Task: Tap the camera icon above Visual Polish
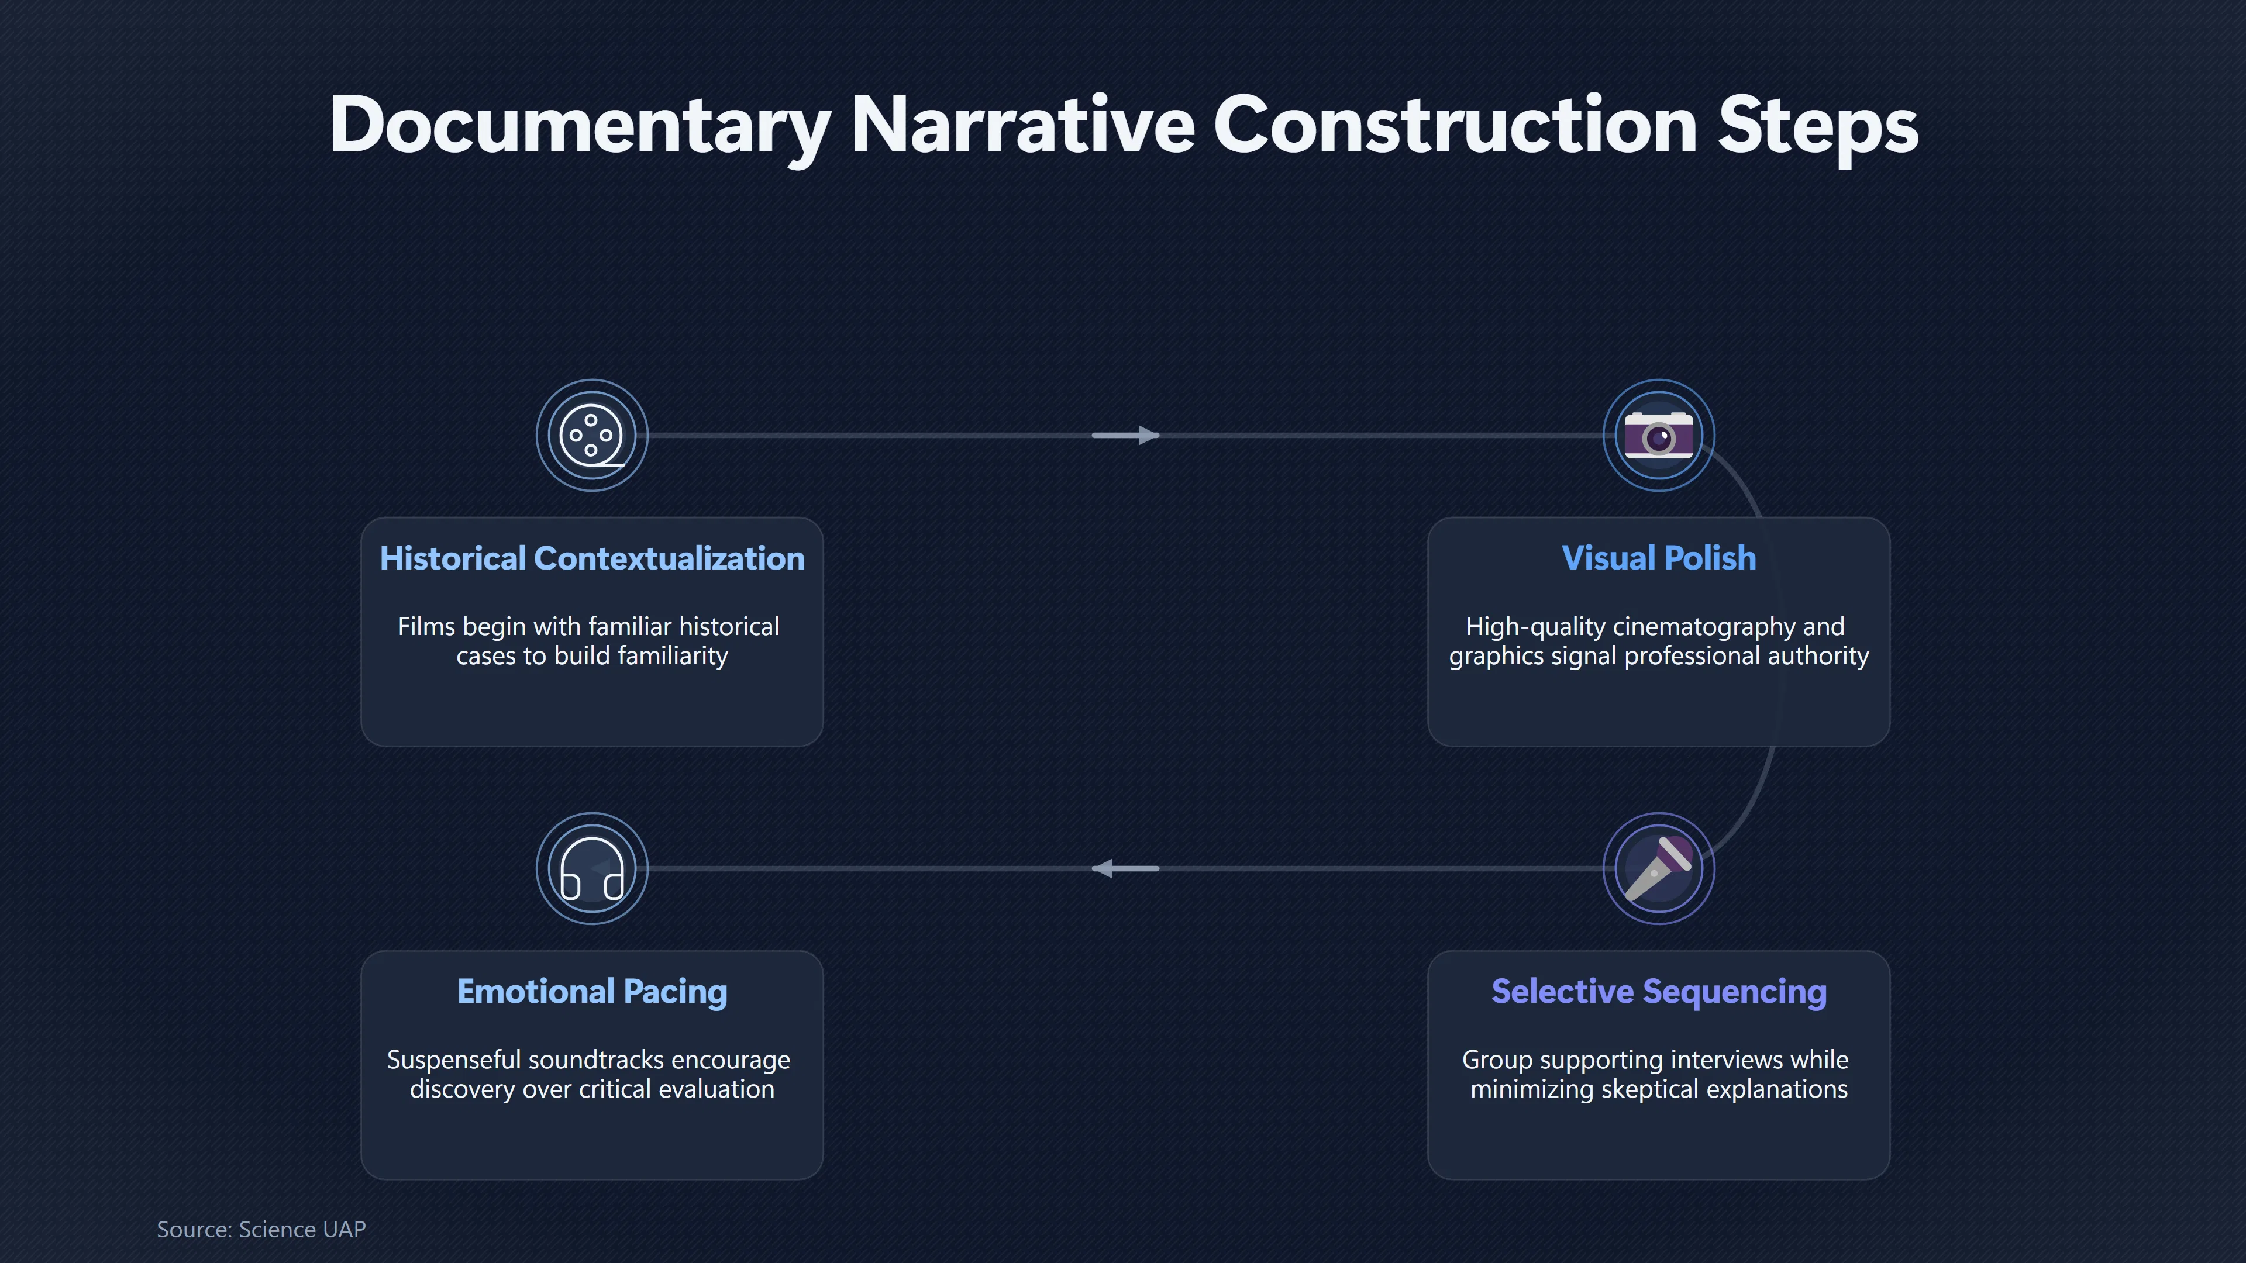pyautogui.click(x=1658, y=434)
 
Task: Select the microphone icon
pyautogui.click(x=1658, y=869)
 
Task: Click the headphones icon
pyautogui.click(x=592, y=869)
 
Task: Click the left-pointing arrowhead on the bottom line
pyautogui.click(x=1103, y=868)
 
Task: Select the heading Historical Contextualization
pyautogui.click(x=592, y=558)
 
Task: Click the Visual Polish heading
pyautogui.click(x=1658, y=558)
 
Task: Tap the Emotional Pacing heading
pyautogui.click(x=592, y=991)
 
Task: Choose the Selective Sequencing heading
pyautogui.click(x=1658, y=991)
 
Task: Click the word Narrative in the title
pyautogui.click(x=1021, y=125)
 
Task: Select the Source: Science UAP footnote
pyautogui.click(x=261, y=1229)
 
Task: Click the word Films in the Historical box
pyautogui.click(x=426, y=627)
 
